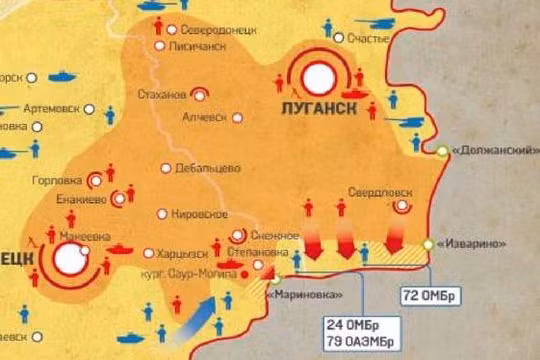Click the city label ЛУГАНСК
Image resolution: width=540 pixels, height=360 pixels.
point(319,107)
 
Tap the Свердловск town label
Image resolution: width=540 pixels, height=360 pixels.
point(381,191)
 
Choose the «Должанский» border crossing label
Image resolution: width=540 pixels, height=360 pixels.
point(489,150)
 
